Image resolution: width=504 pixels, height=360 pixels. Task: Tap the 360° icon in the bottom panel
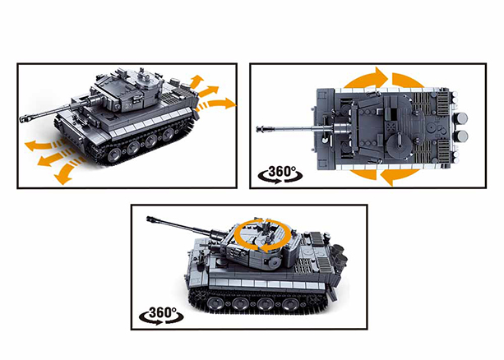(160, 316)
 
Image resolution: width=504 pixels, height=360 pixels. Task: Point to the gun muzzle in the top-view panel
(261, 129)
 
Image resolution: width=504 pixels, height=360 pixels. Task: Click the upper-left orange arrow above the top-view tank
(366, 81)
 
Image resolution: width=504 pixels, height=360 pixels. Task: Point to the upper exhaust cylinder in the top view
(461, 118)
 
